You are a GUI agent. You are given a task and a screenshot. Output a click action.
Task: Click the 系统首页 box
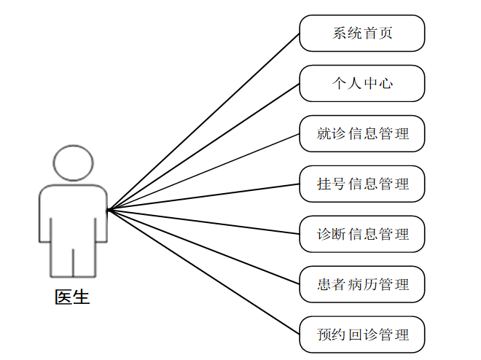pyautogui.click(x=362, y=34)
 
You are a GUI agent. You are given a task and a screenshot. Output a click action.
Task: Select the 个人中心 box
pyautogui.click(x=362, y=83)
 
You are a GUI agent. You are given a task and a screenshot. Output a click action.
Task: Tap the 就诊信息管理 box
pyautogui.click(x=362, y=133)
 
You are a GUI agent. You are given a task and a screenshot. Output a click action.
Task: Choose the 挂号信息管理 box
pyautogui.click(x=362, y=184)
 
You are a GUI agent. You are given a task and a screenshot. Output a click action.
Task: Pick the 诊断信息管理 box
pyautogui.click(x=362, y=234)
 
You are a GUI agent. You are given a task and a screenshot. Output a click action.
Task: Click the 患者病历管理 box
pyautogui.click(x=362, y=284)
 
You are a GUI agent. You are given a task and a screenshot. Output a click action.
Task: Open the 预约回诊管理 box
pyautogui.click(x=362, y=334)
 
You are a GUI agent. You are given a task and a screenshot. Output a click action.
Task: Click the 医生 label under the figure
pyautogui.click(x=73, y=297)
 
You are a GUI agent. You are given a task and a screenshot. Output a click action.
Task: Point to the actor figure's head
pyautogui.click(x=73, y=163)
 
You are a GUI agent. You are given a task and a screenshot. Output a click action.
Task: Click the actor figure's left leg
pyautogui.click(x=61, y=259)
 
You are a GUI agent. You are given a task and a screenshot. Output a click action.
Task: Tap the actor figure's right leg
pyautogui.click(x=85, y=259)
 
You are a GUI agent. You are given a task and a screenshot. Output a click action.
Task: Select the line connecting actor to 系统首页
pyautogui.click(x=203, y=122)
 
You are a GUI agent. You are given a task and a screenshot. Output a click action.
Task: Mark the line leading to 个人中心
pyautogui.click(x=203, y=146)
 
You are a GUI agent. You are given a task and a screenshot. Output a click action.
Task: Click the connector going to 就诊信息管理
pyautogui.click(x=203, y=172)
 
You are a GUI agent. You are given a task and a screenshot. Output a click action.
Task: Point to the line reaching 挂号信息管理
pyautogui.click(x=203, y=197)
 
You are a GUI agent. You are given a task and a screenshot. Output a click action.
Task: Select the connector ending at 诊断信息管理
pyautogui.click(x=203, y=222)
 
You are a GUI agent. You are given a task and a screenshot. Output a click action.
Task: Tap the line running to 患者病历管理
pyautogui.click(x=203, y=247)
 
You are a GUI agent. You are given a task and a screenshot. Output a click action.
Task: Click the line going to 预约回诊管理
pyautogui.click(x=203, y=273)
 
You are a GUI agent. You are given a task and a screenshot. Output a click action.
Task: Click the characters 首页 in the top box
pyautogui.click(x=378, y=34)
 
